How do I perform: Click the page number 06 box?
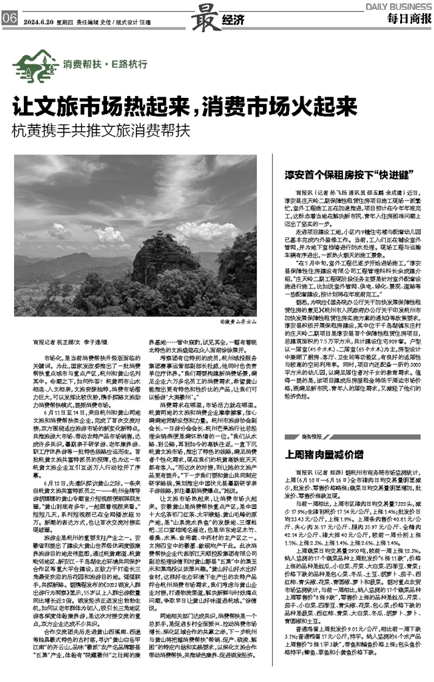9,19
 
